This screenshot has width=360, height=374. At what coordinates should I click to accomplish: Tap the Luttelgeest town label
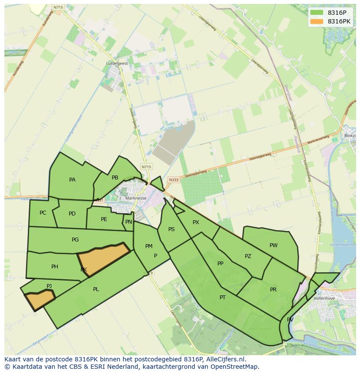click(x=117, y=63)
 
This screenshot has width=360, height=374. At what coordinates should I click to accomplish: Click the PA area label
click(x=72, y=180)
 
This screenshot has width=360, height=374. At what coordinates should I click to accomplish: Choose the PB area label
click(x=115, y=178)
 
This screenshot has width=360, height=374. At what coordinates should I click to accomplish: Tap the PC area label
click(x=43, y=213)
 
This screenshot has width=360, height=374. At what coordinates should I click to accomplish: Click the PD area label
click(x=72, y=214)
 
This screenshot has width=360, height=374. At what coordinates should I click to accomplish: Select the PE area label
click(x=104, y=219)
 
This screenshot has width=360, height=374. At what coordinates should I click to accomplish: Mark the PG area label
click(x=75, y=240)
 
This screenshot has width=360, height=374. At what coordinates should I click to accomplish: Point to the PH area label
click(x=54, y=267)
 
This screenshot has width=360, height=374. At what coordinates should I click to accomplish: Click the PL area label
click(x=96, y=289)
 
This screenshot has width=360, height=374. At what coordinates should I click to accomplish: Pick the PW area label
click(x=273, y=245)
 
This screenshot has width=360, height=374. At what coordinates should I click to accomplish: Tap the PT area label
click(x=223, y=298)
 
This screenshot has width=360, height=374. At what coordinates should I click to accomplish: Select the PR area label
click(x=273, y=290)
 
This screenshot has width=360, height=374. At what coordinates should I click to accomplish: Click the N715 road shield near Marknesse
click(x=147, y=167)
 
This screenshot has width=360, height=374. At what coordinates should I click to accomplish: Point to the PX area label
click(x=196, y=222)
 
